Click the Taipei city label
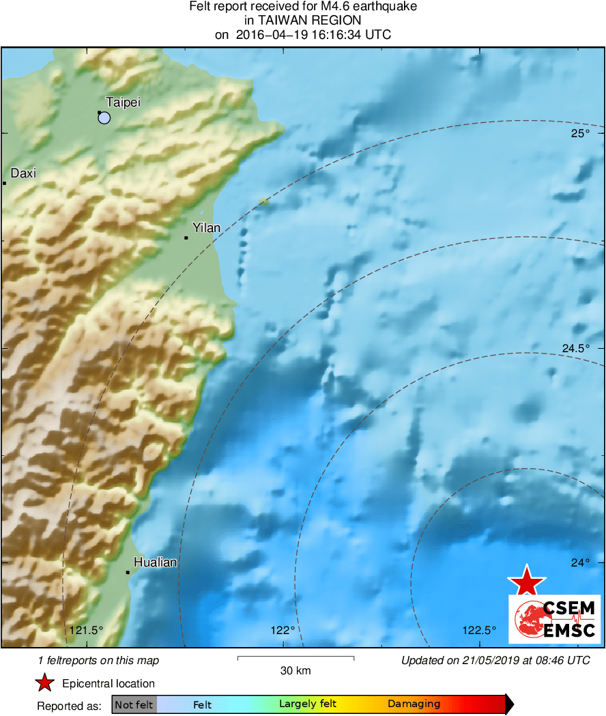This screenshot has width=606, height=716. (x=123, y=102)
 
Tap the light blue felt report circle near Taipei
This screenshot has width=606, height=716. (x=104, y=118)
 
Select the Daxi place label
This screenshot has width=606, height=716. (x=23, y=173)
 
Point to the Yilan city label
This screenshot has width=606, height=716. (x=206, y=227)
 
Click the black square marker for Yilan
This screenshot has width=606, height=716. (x=186, y=238)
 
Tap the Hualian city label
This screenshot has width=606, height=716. (x=155, y=562)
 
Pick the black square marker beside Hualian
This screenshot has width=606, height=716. (x=128, y=572)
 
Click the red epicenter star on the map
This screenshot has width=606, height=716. (x=526, y=582)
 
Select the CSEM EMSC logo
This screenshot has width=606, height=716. (x=554, y=618)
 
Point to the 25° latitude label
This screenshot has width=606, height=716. (x=580, y=133)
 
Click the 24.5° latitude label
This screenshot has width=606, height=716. (x=575, y=349)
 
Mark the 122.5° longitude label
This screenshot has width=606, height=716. (x=480, y=630)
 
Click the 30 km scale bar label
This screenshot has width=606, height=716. (x=295, y=670)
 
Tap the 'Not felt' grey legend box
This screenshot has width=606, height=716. (x=134, y=704)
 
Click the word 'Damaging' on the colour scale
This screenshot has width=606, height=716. (x=414, y=704)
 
